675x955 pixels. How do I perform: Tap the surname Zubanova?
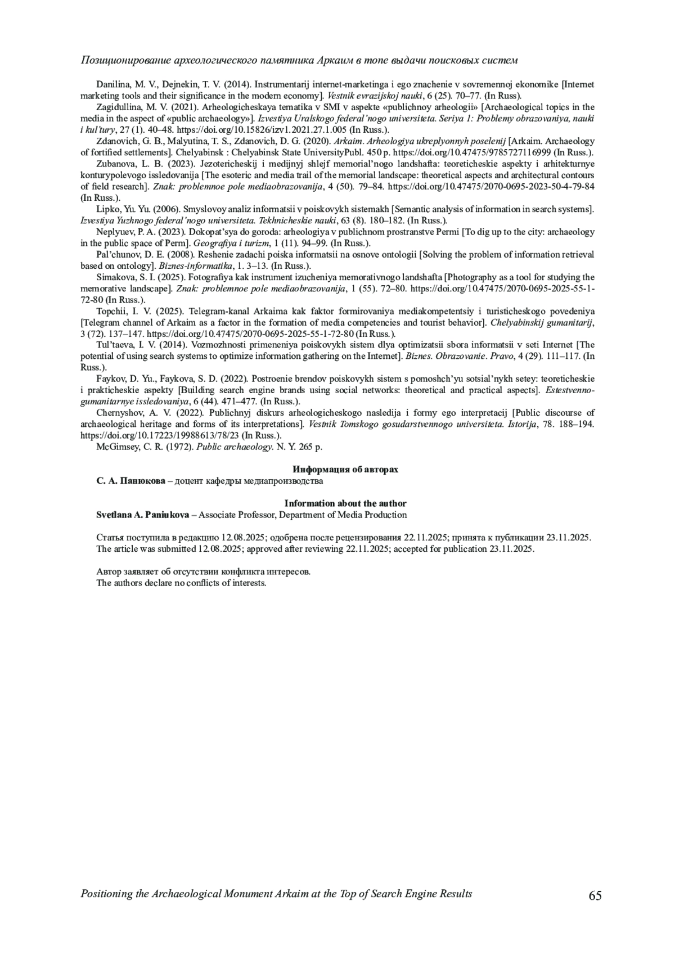114,164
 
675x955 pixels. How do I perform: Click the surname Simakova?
114,277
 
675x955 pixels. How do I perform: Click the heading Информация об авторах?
345,470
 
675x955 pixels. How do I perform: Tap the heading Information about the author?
345,503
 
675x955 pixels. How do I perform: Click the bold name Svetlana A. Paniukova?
143,515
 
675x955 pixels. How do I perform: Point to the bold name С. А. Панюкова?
130,481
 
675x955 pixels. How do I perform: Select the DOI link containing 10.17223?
160,435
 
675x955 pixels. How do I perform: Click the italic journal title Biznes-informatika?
188,265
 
